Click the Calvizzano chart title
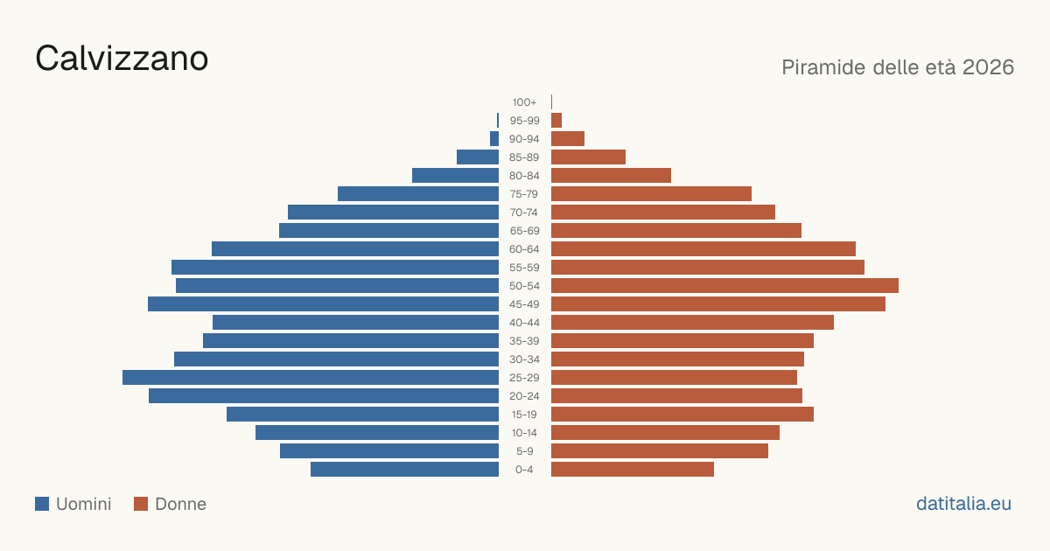click(122, 59)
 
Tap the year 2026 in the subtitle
click(988, 67)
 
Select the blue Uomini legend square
click(42, 504)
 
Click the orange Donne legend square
click(141, 504)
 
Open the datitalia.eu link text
click(963, 504)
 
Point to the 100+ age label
click(524, 102)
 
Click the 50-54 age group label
click(524, 286)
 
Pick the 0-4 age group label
click(524, 470)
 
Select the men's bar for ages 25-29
click(311, 378)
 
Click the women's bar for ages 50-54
click(724, 286)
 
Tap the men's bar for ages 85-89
click(478, 157)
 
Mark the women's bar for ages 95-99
click(556, 121)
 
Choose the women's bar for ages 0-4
click(633, 470)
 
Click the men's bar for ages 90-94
click(494, 139)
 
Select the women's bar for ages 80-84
click(612, 176)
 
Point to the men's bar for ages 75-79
click(418, 194)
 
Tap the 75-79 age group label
click(524, 194)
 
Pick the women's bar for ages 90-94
click(568, 139)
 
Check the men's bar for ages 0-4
click(404, 470)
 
